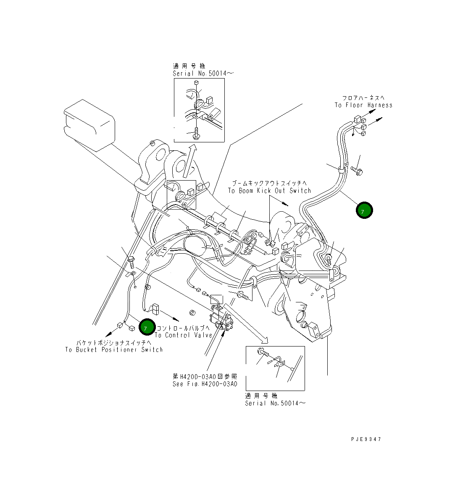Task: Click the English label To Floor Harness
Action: pyautogui.click(x=363, y=105)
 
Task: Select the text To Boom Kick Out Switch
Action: pyautogui.click(x=269, y=191)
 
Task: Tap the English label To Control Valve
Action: pyautogui.click(x=184, y=335)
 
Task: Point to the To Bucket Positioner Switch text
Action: pyautogui.click(x=114, y=349)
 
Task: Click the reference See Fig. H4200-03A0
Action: pyautogui.click(x=205, y=384)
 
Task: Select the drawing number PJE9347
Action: pyautogui.click(x=366, y=439)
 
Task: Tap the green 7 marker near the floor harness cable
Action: pyautogui.click(x=364, y=210)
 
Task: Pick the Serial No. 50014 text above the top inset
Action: pyautogui.click(x=203, y=73)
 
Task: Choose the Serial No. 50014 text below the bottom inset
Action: pyautogui.click(x=275, y=403)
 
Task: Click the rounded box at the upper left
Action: pyautogui.click(x=89, y=125)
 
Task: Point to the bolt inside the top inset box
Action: pyautogui.click(x=196, y=134)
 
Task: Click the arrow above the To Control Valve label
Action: pyautogui.click(x=171, y=315)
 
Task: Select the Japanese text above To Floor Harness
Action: pyautogui.click(x=363, y=98)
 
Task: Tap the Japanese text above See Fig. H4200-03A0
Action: pyautogui.click(x=205, y=376)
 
